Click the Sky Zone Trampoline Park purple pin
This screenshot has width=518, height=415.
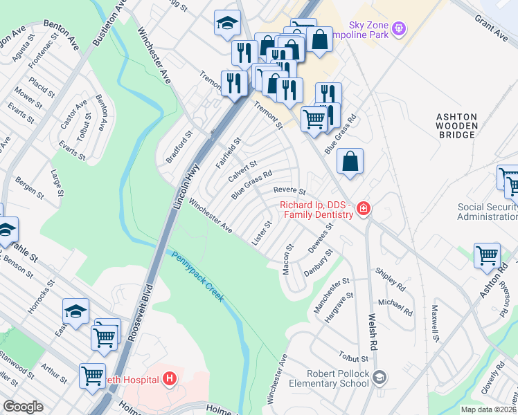point(398,28)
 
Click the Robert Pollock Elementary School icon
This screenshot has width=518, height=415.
point(379,377)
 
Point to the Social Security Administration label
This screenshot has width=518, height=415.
point(488,212)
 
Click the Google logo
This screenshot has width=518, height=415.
point(24,407)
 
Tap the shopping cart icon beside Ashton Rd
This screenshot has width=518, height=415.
point(487,255)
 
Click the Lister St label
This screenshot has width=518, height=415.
point(262,233)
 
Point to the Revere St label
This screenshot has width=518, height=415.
point(289,190)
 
